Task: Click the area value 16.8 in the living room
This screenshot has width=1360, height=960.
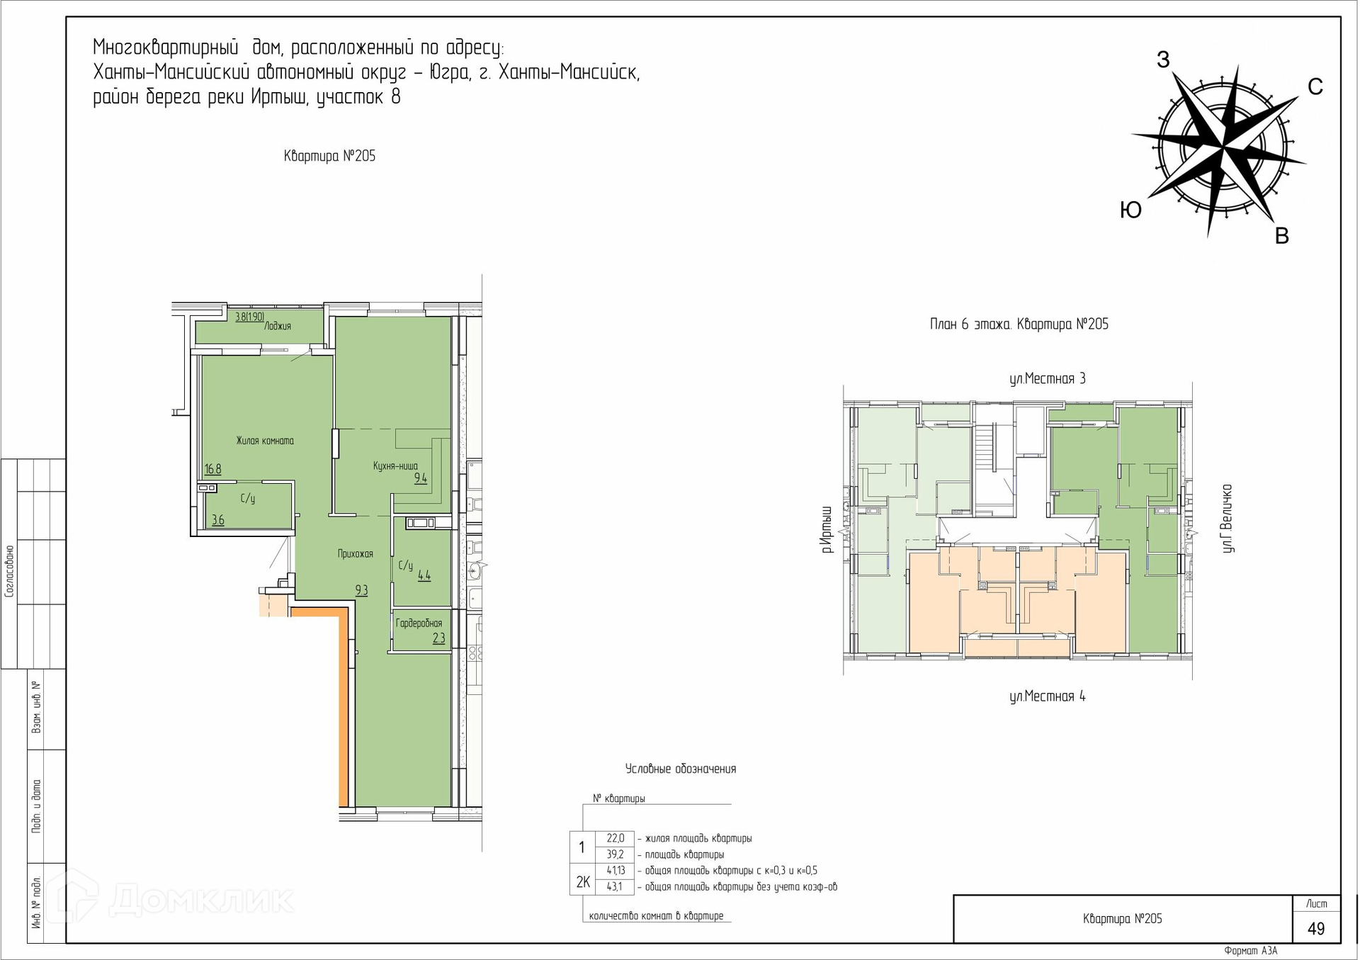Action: (212, 469)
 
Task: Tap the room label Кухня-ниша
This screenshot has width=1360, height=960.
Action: (395, 466)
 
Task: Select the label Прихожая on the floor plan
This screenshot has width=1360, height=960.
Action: (355, 554)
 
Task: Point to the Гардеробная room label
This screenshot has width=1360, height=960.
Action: (419, 623)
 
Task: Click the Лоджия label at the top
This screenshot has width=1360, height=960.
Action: (278, 327)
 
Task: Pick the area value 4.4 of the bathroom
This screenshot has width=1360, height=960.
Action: (424, 576)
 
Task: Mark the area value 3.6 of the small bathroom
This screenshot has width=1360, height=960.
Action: (217, 520)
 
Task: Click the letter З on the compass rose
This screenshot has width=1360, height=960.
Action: (1163, 60)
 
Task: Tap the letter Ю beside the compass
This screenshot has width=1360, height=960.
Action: (1130, 210)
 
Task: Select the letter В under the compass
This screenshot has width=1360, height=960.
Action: (1281, 236)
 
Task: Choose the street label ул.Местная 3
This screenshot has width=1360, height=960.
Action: (1047, 379)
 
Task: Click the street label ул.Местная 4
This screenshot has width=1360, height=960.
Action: (1047, 696)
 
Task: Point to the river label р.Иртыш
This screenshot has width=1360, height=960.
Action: (826, 529)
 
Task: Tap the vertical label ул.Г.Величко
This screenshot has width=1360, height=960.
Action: (1228, 519)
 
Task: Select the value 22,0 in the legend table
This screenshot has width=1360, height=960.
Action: (615, 838)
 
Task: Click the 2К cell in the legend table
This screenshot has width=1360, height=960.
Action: (583, 882)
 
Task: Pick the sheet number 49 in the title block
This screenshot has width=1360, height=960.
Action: (1316, 928)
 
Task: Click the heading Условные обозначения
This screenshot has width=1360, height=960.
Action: (681, 769)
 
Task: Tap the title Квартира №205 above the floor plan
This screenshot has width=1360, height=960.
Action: (329, 156)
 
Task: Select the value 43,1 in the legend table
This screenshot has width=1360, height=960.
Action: (615, 886)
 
